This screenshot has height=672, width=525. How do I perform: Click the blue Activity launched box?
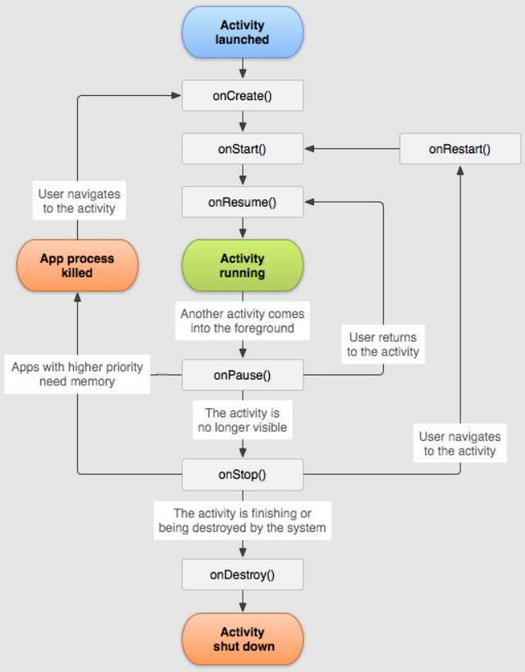tap(242, 32)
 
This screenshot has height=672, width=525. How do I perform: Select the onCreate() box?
tap(242, 96)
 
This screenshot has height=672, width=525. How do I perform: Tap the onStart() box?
tap(242, 149)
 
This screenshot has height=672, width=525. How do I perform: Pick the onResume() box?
tap(242, 202)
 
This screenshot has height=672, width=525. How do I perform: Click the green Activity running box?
tap(242, 266)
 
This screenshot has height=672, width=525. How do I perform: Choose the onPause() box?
tap(242, 375)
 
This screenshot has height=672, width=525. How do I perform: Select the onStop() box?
tap(242, 474)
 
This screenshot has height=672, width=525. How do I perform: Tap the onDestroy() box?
tap(242, 574)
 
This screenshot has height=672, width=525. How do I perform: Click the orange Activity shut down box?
tap(242, 639)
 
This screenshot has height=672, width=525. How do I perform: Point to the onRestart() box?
tap(459, 149)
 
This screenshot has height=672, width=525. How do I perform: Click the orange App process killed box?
tap(77, 266)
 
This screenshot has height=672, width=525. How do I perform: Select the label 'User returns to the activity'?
tap(382, 344)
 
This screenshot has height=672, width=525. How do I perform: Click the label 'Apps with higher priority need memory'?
tap(77, 375)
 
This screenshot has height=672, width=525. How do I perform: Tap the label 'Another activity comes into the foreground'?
tap(242, 321)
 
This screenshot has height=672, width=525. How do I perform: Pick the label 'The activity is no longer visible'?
tap(242, 420)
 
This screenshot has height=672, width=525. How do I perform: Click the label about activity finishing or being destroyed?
tap(242, 520)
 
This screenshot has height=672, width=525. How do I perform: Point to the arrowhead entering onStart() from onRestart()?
tap(309, 149)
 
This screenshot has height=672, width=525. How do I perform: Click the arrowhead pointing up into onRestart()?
tap(459, 169)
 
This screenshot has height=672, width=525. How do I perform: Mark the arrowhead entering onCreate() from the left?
tap(176, 96)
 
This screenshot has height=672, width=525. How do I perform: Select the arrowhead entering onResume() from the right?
tap(309, 202)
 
